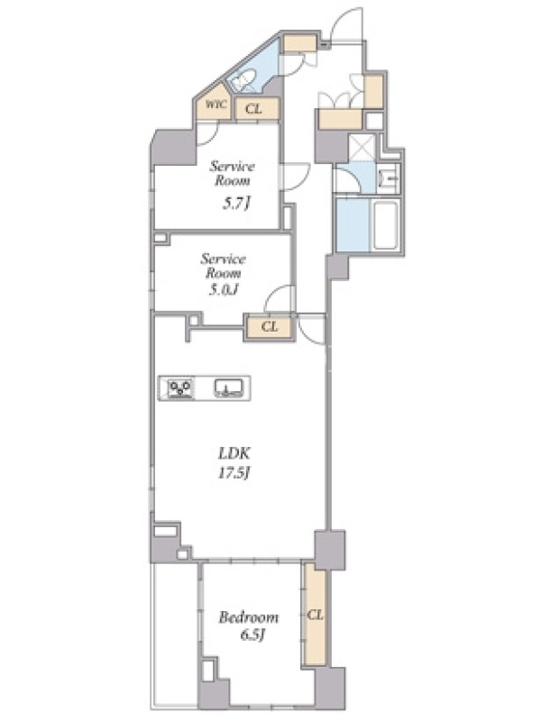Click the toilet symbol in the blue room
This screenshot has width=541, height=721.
(x=243, y=81)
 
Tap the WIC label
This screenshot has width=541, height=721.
(x=215, y=105)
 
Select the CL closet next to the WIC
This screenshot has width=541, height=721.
(x=257, y=109)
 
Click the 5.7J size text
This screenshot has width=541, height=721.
(x=236, y=203)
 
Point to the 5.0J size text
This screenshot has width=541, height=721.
(x=224, y=290)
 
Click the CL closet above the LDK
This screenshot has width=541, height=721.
(x=270, y=327)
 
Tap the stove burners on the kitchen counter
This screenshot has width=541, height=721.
(x=180, y=388)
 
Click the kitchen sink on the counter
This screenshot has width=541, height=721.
(x=229, y=388)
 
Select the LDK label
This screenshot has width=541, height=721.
(x=234, y=454)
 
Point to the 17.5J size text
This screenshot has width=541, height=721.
(x=234, y=473)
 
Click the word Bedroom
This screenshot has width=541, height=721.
(x=249, y=616)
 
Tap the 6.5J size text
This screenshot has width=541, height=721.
(x=252, y=635)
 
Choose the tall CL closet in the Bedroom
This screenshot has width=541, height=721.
(x=315, y=615)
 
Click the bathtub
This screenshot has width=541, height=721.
(x=385, y=225)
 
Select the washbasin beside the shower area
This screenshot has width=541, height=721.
(x=389, y=178)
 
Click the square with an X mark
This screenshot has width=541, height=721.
(x=362, y=147)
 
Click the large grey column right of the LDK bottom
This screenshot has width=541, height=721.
(x=330, y=550)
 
